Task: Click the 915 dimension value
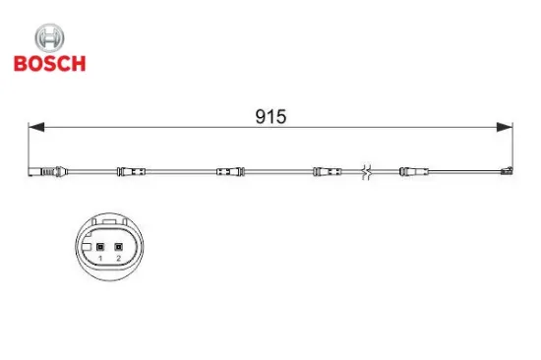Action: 270,117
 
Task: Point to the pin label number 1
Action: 100,258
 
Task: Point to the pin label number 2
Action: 117,258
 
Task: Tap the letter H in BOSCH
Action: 79,63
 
